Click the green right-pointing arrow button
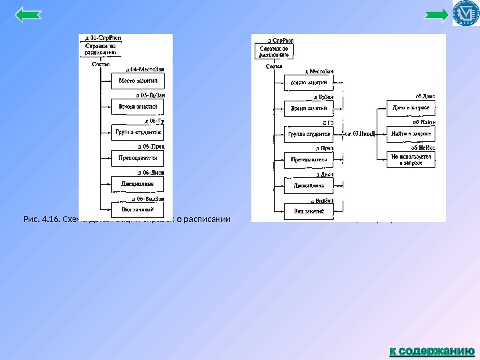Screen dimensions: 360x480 (x=437, y=14)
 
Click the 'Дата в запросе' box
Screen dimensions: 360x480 (x=411, y=108)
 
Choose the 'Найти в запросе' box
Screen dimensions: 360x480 (x=411, y=133)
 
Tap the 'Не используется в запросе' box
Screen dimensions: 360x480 (x=411, y=159)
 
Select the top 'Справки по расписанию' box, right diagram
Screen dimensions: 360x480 (x=274, y=53)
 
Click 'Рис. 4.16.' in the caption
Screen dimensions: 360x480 (x=41, y=218)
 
